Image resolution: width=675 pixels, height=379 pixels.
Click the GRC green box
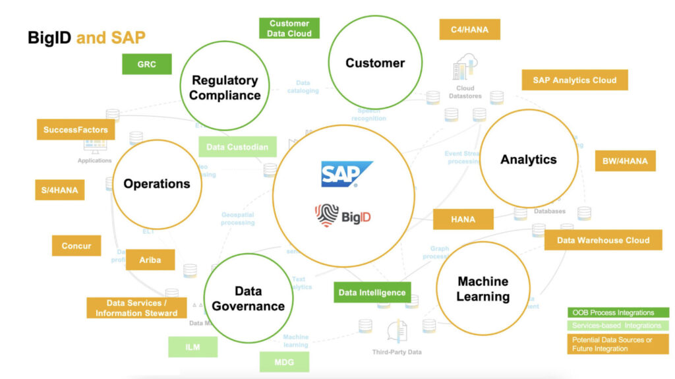(146, 64)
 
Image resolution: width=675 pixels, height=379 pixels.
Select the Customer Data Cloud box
(289, 28)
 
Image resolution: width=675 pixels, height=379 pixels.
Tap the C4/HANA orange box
(469, 29)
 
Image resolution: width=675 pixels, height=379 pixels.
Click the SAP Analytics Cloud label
(575, 80)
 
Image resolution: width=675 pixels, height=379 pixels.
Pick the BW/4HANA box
(625, 160)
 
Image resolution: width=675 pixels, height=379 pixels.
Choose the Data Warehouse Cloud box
(603, 240)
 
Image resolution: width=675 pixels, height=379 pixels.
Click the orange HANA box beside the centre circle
(463, 219)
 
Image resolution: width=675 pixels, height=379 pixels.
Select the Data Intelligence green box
(372, 292)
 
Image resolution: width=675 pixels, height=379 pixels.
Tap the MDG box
(283, 362)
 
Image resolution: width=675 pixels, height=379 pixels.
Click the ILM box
(192, 346)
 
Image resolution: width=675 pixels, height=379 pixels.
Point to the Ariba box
(150, 260)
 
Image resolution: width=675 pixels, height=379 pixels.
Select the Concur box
(76, 246)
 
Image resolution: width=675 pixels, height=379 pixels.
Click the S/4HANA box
(59, 190)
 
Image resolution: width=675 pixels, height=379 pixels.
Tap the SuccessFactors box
(76, 130)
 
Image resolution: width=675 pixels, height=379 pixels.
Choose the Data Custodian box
(237, 147)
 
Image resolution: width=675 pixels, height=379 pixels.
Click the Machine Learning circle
(483, 288)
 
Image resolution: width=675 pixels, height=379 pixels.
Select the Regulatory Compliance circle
(225, 88)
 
